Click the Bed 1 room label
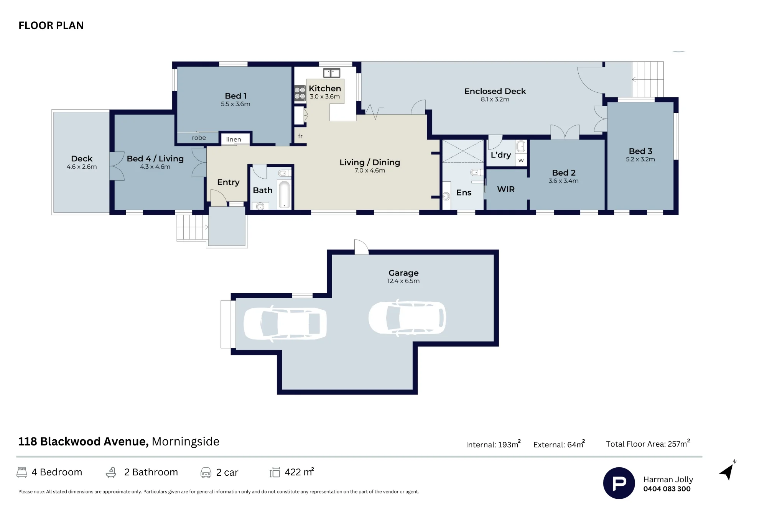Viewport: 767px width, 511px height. (x=235, y=96)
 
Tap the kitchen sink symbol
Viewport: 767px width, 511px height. (x=332, y=73)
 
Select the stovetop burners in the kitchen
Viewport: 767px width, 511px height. (x=300, y=93)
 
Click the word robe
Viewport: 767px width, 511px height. (x=199, y=138)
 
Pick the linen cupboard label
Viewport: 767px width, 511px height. (x=234, y=140)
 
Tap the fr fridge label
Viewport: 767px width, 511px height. (x=300, y=136)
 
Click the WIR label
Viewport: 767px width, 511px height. (x=506, y=189)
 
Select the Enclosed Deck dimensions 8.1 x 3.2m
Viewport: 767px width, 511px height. (x=495, y=99)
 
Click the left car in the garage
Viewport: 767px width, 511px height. (x=285, y=323)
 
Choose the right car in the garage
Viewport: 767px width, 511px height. (x=407, y=318)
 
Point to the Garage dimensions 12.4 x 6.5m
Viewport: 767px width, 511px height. (x=403, y=281)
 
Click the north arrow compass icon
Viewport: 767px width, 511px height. (x=727, y=471)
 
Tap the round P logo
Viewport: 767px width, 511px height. (x=619, y=483)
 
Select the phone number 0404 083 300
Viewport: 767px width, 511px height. (x=667, y=489)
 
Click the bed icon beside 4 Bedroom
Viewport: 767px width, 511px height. (x=22, y=472)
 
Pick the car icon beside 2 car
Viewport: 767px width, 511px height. (x=206, y=473)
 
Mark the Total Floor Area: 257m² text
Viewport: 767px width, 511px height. (x=648, y=444)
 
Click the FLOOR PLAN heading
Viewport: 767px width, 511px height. (x=51, y=26)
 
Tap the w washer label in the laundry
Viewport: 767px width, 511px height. (x=521, y=160)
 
